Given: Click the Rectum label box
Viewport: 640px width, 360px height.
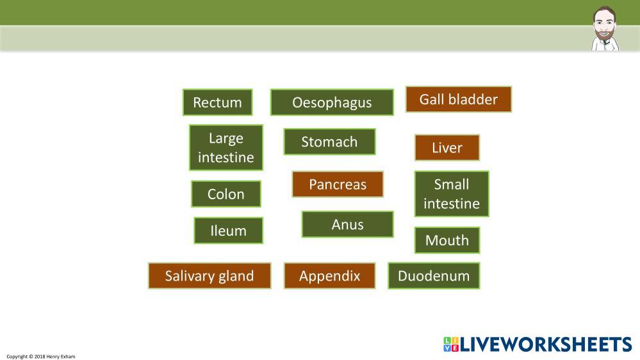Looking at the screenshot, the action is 218,102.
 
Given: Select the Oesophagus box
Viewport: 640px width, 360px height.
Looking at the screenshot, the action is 332,102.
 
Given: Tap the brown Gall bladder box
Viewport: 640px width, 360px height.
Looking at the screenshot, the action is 458,99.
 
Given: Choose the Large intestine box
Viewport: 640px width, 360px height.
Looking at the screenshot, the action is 226,147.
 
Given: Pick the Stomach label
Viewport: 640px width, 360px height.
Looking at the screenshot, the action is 329,142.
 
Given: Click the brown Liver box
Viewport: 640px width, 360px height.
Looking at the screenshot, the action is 447,147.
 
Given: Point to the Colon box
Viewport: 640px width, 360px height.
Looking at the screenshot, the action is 226,194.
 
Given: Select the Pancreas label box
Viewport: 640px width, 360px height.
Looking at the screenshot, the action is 338,184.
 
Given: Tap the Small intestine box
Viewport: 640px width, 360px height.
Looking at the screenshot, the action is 452,193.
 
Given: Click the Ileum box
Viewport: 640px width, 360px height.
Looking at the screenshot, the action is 228,231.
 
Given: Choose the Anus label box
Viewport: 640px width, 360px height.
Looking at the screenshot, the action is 347,224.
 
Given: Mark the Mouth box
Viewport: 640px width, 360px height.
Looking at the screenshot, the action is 447,240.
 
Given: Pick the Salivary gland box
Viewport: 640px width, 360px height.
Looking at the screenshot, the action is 209,275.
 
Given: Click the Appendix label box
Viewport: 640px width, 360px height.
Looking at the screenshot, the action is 329,275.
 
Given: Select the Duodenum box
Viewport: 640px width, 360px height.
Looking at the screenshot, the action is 434,275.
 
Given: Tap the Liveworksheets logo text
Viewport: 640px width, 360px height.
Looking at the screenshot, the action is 546,344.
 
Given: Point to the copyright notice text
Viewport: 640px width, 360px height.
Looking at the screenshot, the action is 41,356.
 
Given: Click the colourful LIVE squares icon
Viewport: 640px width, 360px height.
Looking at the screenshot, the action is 451,344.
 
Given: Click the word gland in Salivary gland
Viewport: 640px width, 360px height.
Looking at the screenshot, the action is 236,276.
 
